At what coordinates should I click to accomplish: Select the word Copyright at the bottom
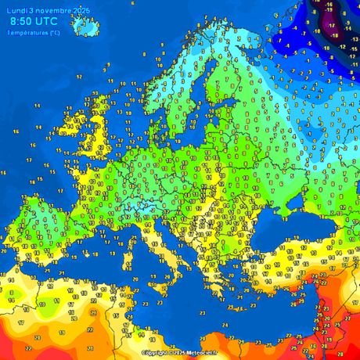point(155,353)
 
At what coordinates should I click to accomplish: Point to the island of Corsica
point(147,231)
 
